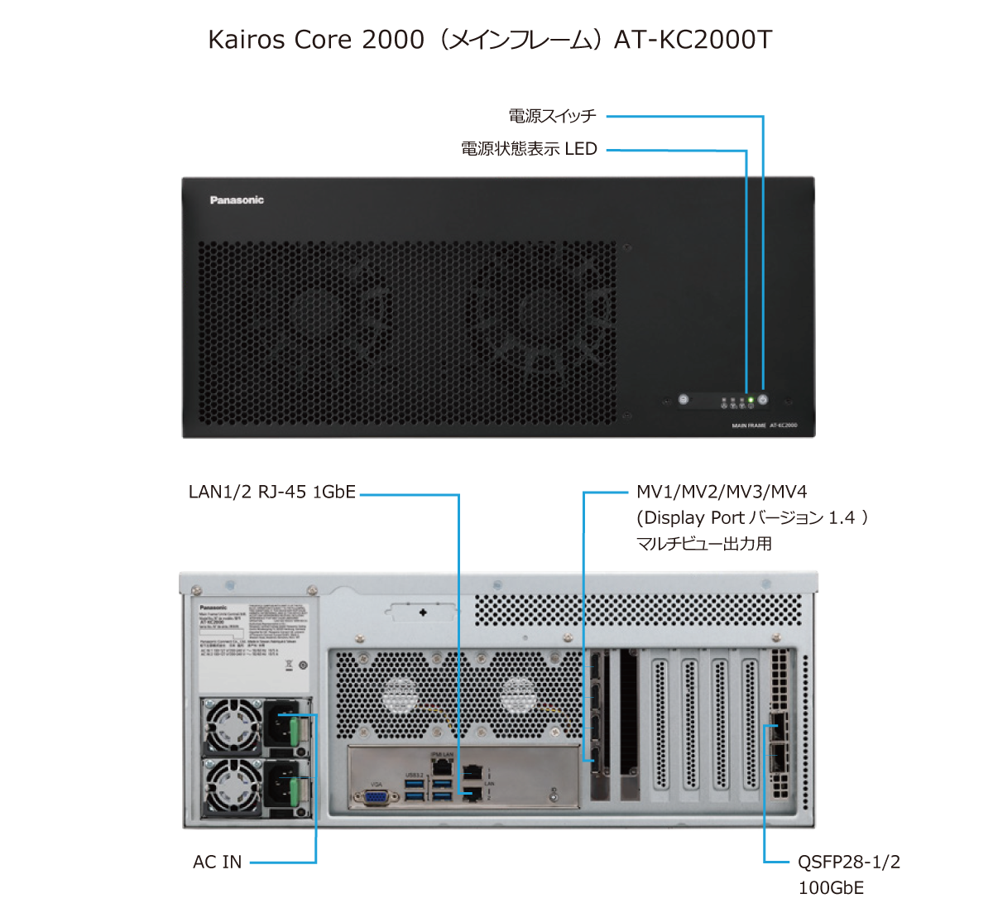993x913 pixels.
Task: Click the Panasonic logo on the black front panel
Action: [237, 200]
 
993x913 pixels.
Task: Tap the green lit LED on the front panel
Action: [751, 401]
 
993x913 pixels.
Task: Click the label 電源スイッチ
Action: [553, 116]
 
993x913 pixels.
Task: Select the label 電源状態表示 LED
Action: [529, 150]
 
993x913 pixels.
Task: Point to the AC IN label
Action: [218, 863]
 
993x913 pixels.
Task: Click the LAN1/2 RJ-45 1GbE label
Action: [272, 493]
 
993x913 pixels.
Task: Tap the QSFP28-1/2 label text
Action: [848, 863]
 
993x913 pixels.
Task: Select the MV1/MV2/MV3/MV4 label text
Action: [721, 493]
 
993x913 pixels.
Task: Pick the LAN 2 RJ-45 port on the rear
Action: [473, 795]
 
